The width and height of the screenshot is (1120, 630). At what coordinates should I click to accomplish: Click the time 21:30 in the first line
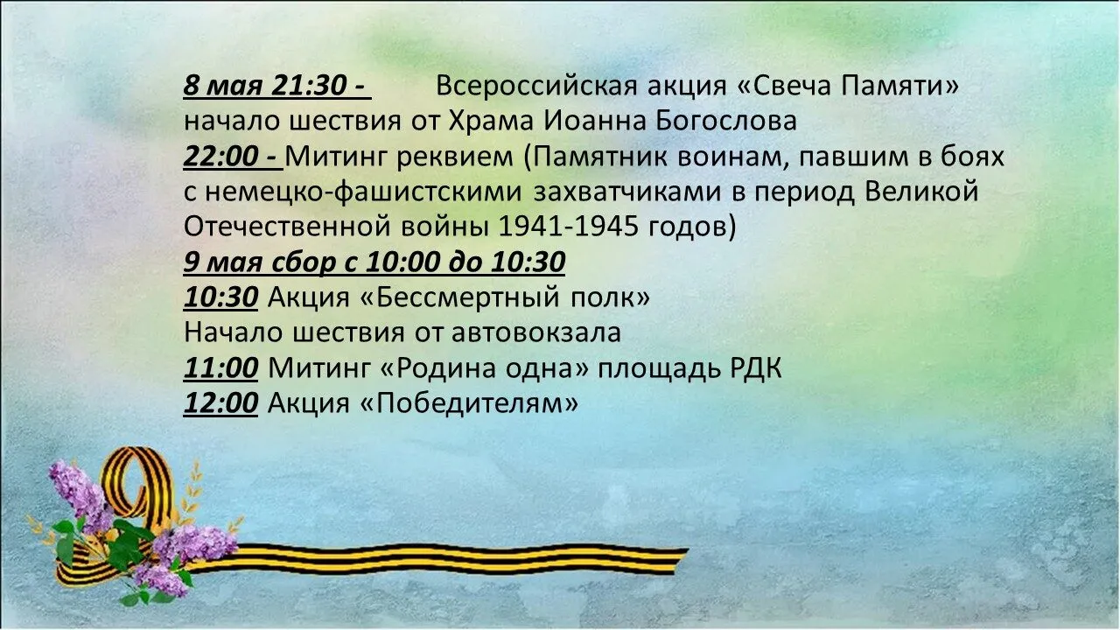tap(309, 86)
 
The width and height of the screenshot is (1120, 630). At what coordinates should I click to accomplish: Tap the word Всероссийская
tap(536, 86)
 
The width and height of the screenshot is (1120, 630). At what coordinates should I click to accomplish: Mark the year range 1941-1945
tap(569, 227)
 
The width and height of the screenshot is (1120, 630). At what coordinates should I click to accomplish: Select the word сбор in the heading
tap(304, 262)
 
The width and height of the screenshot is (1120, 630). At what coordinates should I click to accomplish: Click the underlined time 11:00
tap(220, 368)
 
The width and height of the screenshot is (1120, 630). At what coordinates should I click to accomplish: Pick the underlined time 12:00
tap(220, 403)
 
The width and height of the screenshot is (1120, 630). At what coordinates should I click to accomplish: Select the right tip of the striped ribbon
tap(688, 550)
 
